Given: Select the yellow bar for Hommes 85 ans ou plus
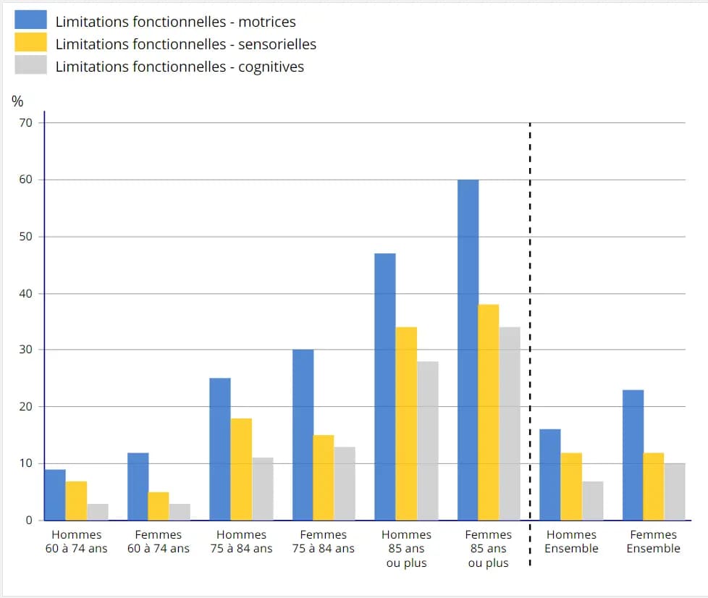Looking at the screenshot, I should (x=406, y=424).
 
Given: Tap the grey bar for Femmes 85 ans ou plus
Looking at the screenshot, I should (x=510, y=424).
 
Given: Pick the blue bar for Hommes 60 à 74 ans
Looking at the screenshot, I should (x=55, y=494).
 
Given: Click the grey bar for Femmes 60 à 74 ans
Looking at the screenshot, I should (x=180, y=511).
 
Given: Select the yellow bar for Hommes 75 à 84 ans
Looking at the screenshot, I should (x=241, y=469).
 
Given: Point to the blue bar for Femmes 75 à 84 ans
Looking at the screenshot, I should (x=303, y=434).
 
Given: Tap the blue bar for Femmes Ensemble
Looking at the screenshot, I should (x=633, y=455).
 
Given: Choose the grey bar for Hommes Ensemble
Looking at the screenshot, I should (x=592, y=500).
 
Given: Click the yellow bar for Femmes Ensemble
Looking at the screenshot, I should (x=654, y=486).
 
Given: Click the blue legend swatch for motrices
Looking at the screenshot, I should (x=30, y=20).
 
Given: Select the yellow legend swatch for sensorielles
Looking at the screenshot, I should (x=30, y=43).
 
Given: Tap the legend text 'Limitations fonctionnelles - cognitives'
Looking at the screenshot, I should (x=180, y=67).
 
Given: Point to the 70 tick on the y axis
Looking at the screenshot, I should (x=25, y=123).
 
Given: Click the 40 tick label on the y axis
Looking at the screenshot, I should (x=25, y=293).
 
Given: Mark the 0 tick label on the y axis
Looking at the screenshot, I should (x=29, y=520).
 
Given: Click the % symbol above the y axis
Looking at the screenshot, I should (x=17, y=101).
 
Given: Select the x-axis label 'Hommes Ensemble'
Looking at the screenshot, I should (x=571, y=542).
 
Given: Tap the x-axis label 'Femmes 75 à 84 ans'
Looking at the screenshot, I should (x=324, y=542).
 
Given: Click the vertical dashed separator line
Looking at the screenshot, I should (x=531, y=326).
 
